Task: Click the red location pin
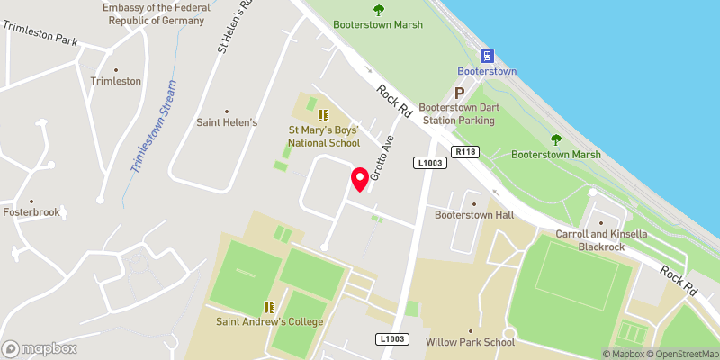(360, 178)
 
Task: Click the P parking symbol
(459, 93)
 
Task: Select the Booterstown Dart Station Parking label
(460, 113)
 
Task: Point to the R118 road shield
(465, 152)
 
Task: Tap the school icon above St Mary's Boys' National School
(323, 115)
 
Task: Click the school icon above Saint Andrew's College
(267, 307)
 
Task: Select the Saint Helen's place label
(228, 122)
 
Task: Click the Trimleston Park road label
(40, 34)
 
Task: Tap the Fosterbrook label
(31, 214)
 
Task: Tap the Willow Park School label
(470, 342)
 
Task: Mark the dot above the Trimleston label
(115, 69)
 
